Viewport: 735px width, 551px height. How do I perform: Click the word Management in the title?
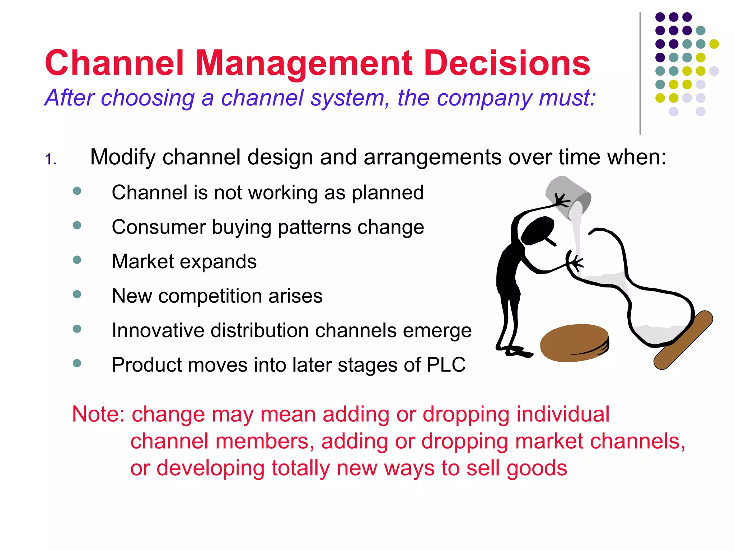304,64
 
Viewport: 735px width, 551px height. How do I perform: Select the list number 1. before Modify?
50,159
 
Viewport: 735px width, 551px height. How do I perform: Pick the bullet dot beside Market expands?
77,260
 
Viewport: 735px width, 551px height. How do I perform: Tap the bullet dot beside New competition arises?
77,295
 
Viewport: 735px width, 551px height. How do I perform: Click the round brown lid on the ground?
574,343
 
